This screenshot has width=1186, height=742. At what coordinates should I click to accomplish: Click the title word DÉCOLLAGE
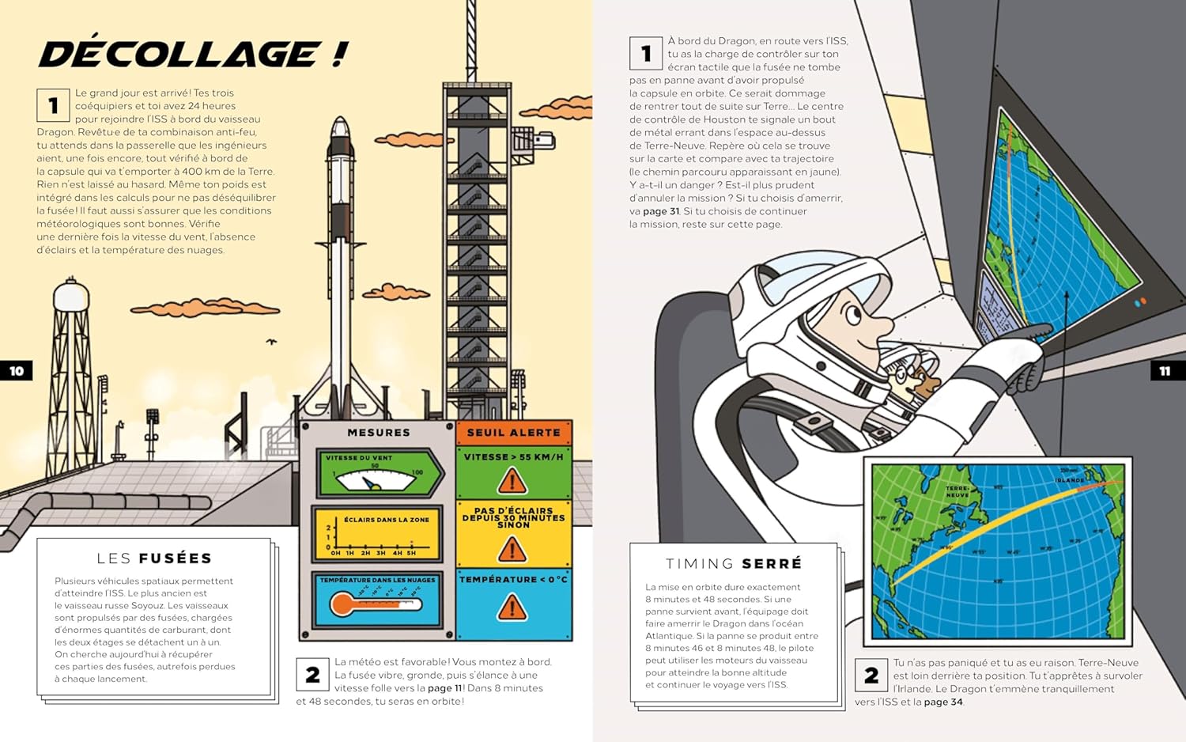(x=179, y=54)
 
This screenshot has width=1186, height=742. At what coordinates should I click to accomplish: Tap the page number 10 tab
(x=17, y=370)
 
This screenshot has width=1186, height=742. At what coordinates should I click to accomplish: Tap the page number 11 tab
(x=1165, y=370)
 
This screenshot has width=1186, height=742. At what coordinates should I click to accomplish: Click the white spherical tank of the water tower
(x=71, y=297)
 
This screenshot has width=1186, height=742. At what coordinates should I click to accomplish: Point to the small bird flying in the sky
(x=272, y=342)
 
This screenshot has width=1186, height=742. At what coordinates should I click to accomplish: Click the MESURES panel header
(x=378, y=433)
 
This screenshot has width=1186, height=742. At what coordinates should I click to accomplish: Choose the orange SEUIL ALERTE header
(x=513, y=433)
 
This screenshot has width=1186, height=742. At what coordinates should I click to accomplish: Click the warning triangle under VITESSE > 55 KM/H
(x=512, y=480)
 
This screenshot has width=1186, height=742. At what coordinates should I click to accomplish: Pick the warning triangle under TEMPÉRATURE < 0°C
(x=512, y=608)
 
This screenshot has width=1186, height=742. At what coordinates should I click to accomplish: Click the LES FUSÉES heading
(x=154, y=558)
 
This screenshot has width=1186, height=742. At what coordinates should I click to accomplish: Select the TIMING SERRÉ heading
(x=734, y=563)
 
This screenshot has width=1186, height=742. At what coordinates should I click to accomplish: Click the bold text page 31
(x=661, y=211)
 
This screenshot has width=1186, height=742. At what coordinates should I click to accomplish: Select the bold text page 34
(x=943, y=702)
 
